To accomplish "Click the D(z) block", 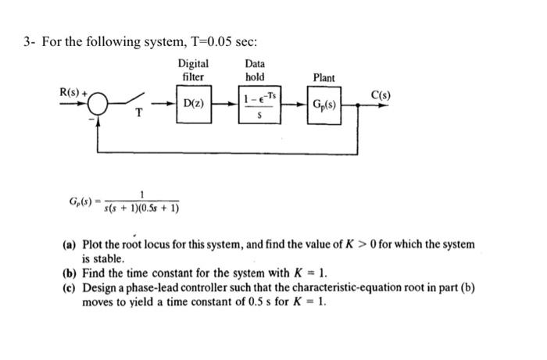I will point(194,105).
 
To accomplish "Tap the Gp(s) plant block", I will point(324,105).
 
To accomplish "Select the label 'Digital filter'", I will point(193,70).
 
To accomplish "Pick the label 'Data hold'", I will point(255,70).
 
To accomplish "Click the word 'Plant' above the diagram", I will point(324,77).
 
